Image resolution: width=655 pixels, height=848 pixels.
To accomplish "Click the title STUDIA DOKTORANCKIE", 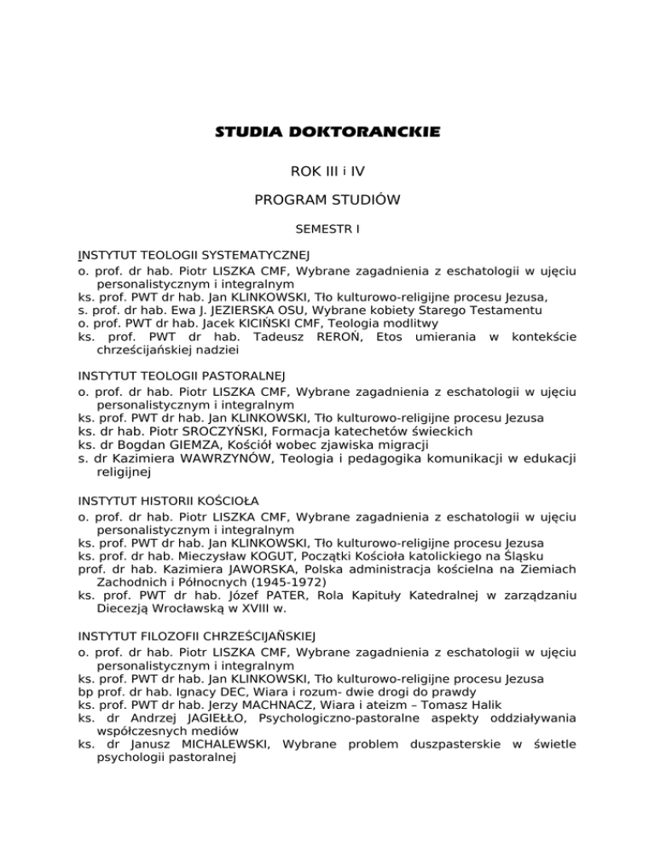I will pos(327,132).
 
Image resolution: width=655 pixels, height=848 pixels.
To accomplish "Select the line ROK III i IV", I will pos(327,171).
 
